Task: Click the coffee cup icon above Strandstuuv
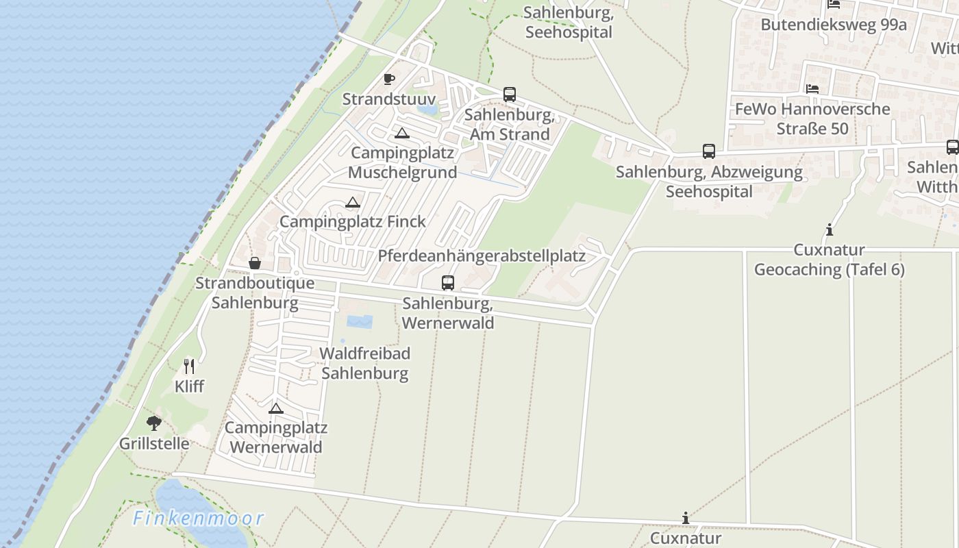coord(389,79)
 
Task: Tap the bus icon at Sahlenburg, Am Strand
coord(509,95)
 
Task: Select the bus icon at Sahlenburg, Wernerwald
coord(447,282)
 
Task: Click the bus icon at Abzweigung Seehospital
coord(708,151)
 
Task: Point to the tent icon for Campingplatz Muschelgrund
coord(401,133)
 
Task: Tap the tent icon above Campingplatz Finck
coord(352,202)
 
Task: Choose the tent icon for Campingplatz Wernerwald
coord(275,409)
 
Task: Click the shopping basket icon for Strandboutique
coord(254,263)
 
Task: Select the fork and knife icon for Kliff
coord(189,366)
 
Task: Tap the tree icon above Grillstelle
coord(154,423)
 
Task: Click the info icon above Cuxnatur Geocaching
coord(830,229)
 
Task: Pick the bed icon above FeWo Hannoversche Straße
coord(812,89)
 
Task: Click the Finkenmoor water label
coord(199,519)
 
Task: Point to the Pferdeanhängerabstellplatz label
coord(482,256)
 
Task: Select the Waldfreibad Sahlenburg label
coord(365,364)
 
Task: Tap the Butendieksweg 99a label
coord(833,25)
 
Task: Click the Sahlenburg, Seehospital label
coord(568,23)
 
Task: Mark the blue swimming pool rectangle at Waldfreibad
coord(360,321)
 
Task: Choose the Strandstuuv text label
coord(388,99)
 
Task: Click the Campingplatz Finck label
coord(352,222)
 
